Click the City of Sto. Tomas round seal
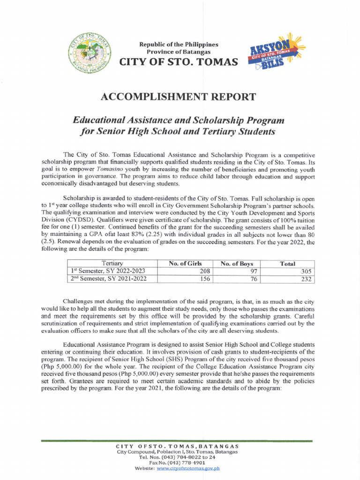pos(92,53)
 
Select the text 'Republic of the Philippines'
pos(179,44)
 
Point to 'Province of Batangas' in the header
pos(179,52)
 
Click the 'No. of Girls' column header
pos(185,263)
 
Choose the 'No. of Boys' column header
pos(237,263)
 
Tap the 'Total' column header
pos(287,263)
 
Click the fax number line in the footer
pos(177,462)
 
